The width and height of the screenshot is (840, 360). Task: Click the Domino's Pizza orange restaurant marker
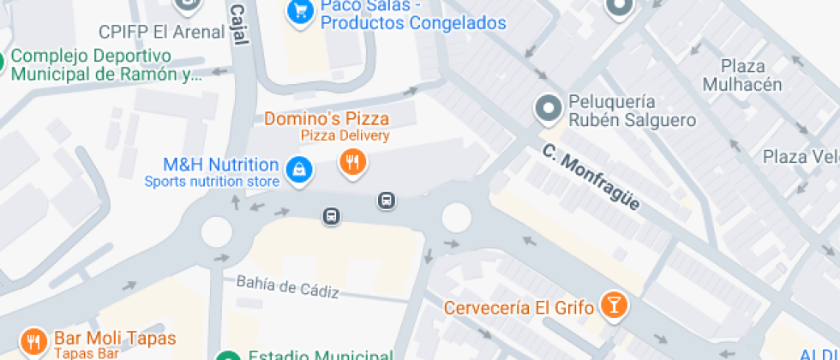pyautogui.click(x=351, y=160)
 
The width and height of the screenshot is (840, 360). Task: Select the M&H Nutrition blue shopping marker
pyautogui.click(x=298, y=168)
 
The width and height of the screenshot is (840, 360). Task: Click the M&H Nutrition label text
pyautogui.click(x=221, y=165)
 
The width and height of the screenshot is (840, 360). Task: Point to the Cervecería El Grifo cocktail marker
pyautogui.click(x=615, y=304)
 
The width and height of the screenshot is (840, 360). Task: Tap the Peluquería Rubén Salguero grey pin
pyautogui.click(x=547, y=109)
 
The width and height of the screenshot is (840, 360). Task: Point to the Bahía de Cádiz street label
pyautogui.click(x=287, y=287)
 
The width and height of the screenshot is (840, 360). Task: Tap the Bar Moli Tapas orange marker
pyautogui.click(x=33, y=342)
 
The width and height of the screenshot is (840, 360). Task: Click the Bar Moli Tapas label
pyautogui.click(x=114, y=339)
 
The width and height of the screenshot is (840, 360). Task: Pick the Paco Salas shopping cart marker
pyautogui.click(x=299, y=11)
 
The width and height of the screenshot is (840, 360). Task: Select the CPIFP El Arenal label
pyautogui.click(x=159, y=32)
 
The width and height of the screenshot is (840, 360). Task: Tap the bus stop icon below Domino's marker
pyautogui.click(x=387, y=201)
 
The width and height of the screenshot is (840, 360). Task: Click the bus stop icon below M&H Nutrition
pyautogui.click(x=332, y=216)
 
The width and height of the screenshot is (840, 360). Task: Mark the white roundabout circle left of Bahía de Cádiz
pyautogui.click(x=216, y=231)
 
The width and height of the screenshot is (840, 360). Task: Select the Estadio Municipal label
pyautogui.click(x=320, y=355)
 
